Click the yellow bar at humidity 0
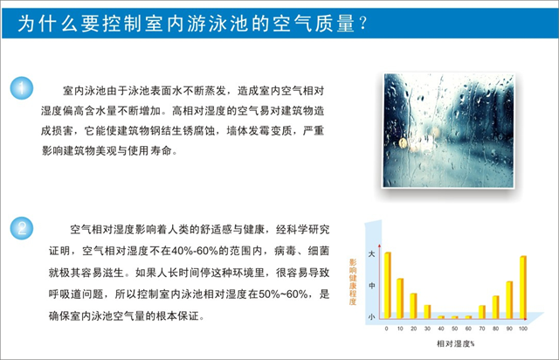(388, 285)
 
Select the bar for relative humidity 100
(523, 287)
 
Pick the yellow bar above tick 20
(413, 306)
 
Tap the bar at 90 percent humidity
(509, 300)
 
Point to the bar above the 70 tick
(482, 312)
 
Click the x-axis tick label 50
(454, 329)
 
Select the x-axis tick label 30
(427, 329)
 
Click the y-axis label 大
(371, 254)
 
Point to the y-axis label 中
(371, 286)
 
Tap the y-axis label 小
(371, 316)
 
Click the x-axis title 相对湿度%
(455, 343)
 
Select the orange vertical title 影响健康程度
(353, 282)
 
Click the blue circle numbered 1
(22, 88)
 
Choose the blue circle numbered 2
(22, 228)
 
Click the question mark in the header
(363, 24)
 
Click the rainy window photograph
(448, 130)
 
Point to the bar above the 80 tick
(495, 308)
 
